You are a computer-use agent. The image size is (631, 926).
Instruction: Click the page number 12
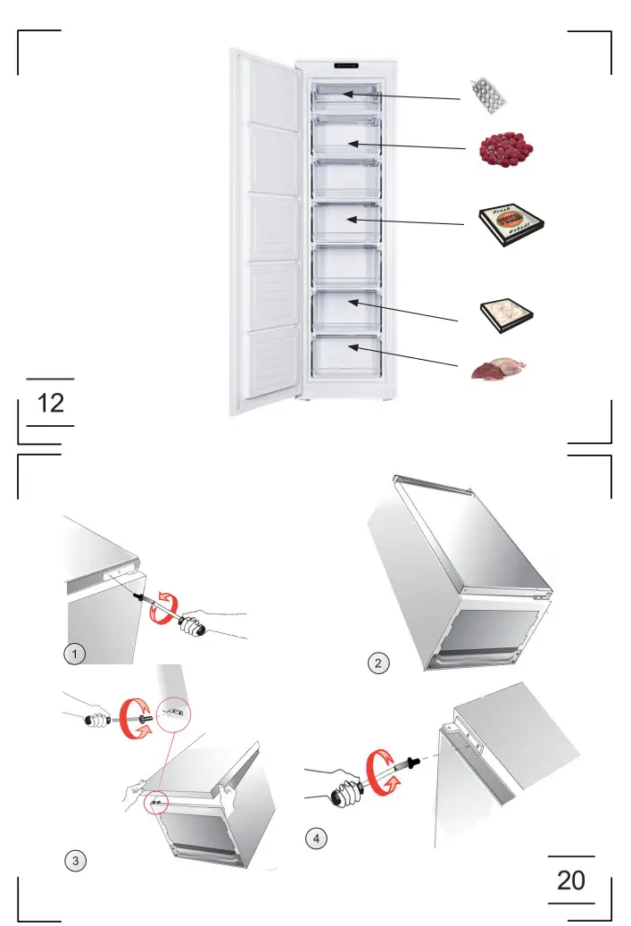[x=51, y=403]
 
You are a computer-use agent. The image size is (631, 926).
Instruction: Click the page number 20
[x=571, y=880]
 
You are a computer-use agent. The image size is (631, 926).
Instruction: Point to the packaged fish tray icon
[x=506, y=313]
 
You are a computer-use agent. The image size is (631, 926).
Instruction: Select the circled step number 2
[x=379, y=663]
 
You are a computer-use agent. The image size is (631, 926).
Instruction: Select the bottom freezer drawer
[x=346, y=354]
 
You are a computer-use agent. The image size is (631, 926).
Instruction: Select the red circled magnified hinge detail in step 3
[x=175, y=713]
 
